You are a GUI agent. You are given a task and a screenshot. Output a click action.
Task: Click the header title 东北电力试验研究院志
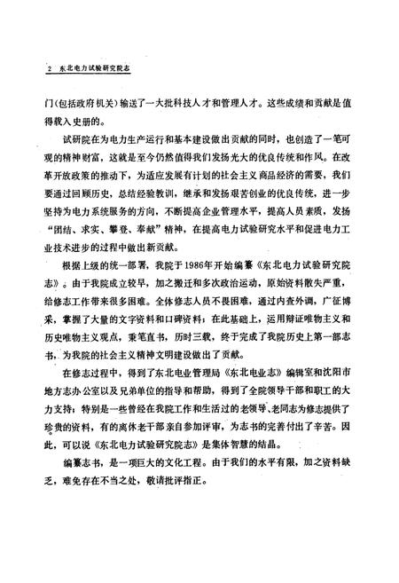coord(88,67)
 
